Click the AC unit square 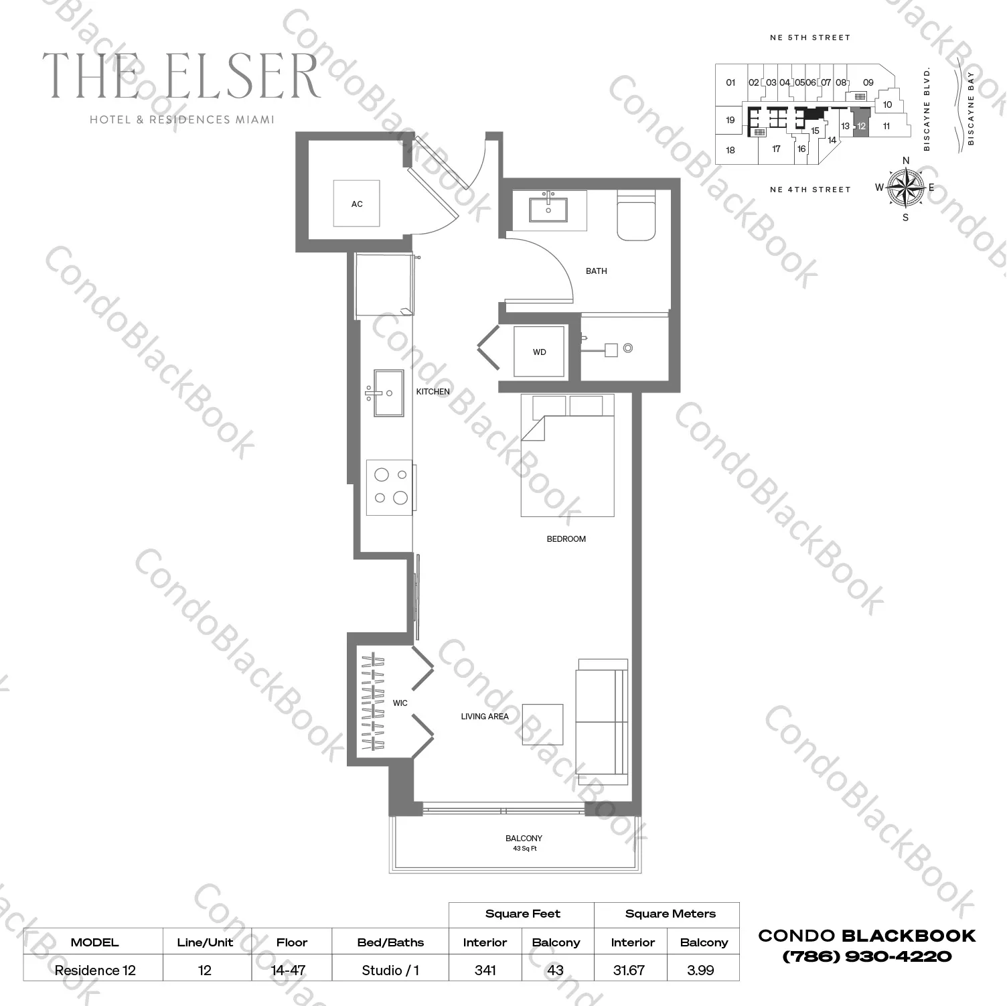[x=357, y=204]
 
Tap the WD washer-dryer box [x=539, y=352]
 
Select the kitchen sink [x=388, y=393]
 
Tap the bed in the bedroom [x=567, y=455]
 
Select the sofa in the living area [x=601, y=721]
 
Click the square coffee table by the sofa [x=542, y=724]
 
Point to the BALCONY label [x=524, y=838]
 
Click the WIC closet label [x=400, y=703]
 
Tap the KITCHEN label [x=433, y=392]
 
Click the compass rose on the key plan [x=905, y=187]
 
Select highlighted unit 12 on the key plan [x=861, y=126]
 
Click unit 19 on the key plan [x=730, y=121]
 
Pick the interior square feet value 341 [x=485, y=970]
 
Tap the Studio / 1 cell [x=390, y=970]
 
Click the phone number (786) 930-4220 [x=866, y=956]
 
